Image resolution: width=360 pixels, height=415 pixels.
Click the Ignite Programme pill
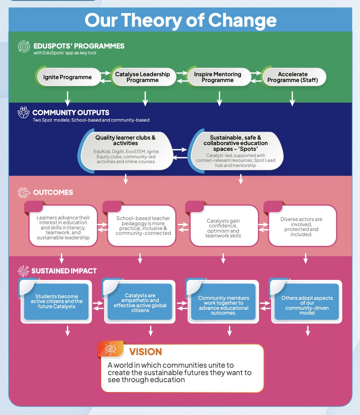[x=68, y=77]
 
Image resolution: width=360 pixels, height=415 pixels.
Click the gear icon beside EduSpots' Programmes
[x=24, y=46]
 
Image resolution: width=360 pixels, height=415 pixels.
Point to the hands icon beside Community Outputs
[x=24, y=112]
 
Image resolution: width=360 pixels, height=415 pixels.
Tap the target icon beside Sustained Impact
[x=23, y=271]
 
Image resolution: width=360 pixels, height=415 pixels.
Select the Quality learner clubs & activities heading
[x=126, y=140]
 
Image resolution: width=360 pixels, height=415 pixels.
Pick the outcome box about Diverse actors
[x=301, y=225]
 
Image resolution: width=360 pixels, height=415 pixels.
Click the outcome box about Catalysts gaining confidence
[x=223, y=225]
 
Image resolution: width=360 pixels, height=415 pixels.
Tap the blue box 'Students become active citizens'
[x=56, y=301]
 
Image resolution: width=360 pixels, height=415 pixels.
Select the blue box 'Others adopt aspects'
[x=307, y=301]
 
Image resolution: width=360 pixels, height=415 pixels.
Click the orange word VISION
[x=146, y=352]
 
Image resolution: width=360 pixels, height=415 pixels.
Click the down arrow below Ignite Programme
[x=68, y=99]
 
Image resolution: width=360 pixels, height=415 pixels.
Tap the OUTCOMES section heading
[x=53, y=192]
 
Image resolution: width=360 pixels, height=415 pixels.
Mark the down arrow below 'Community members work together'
[x=229, y=331]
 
